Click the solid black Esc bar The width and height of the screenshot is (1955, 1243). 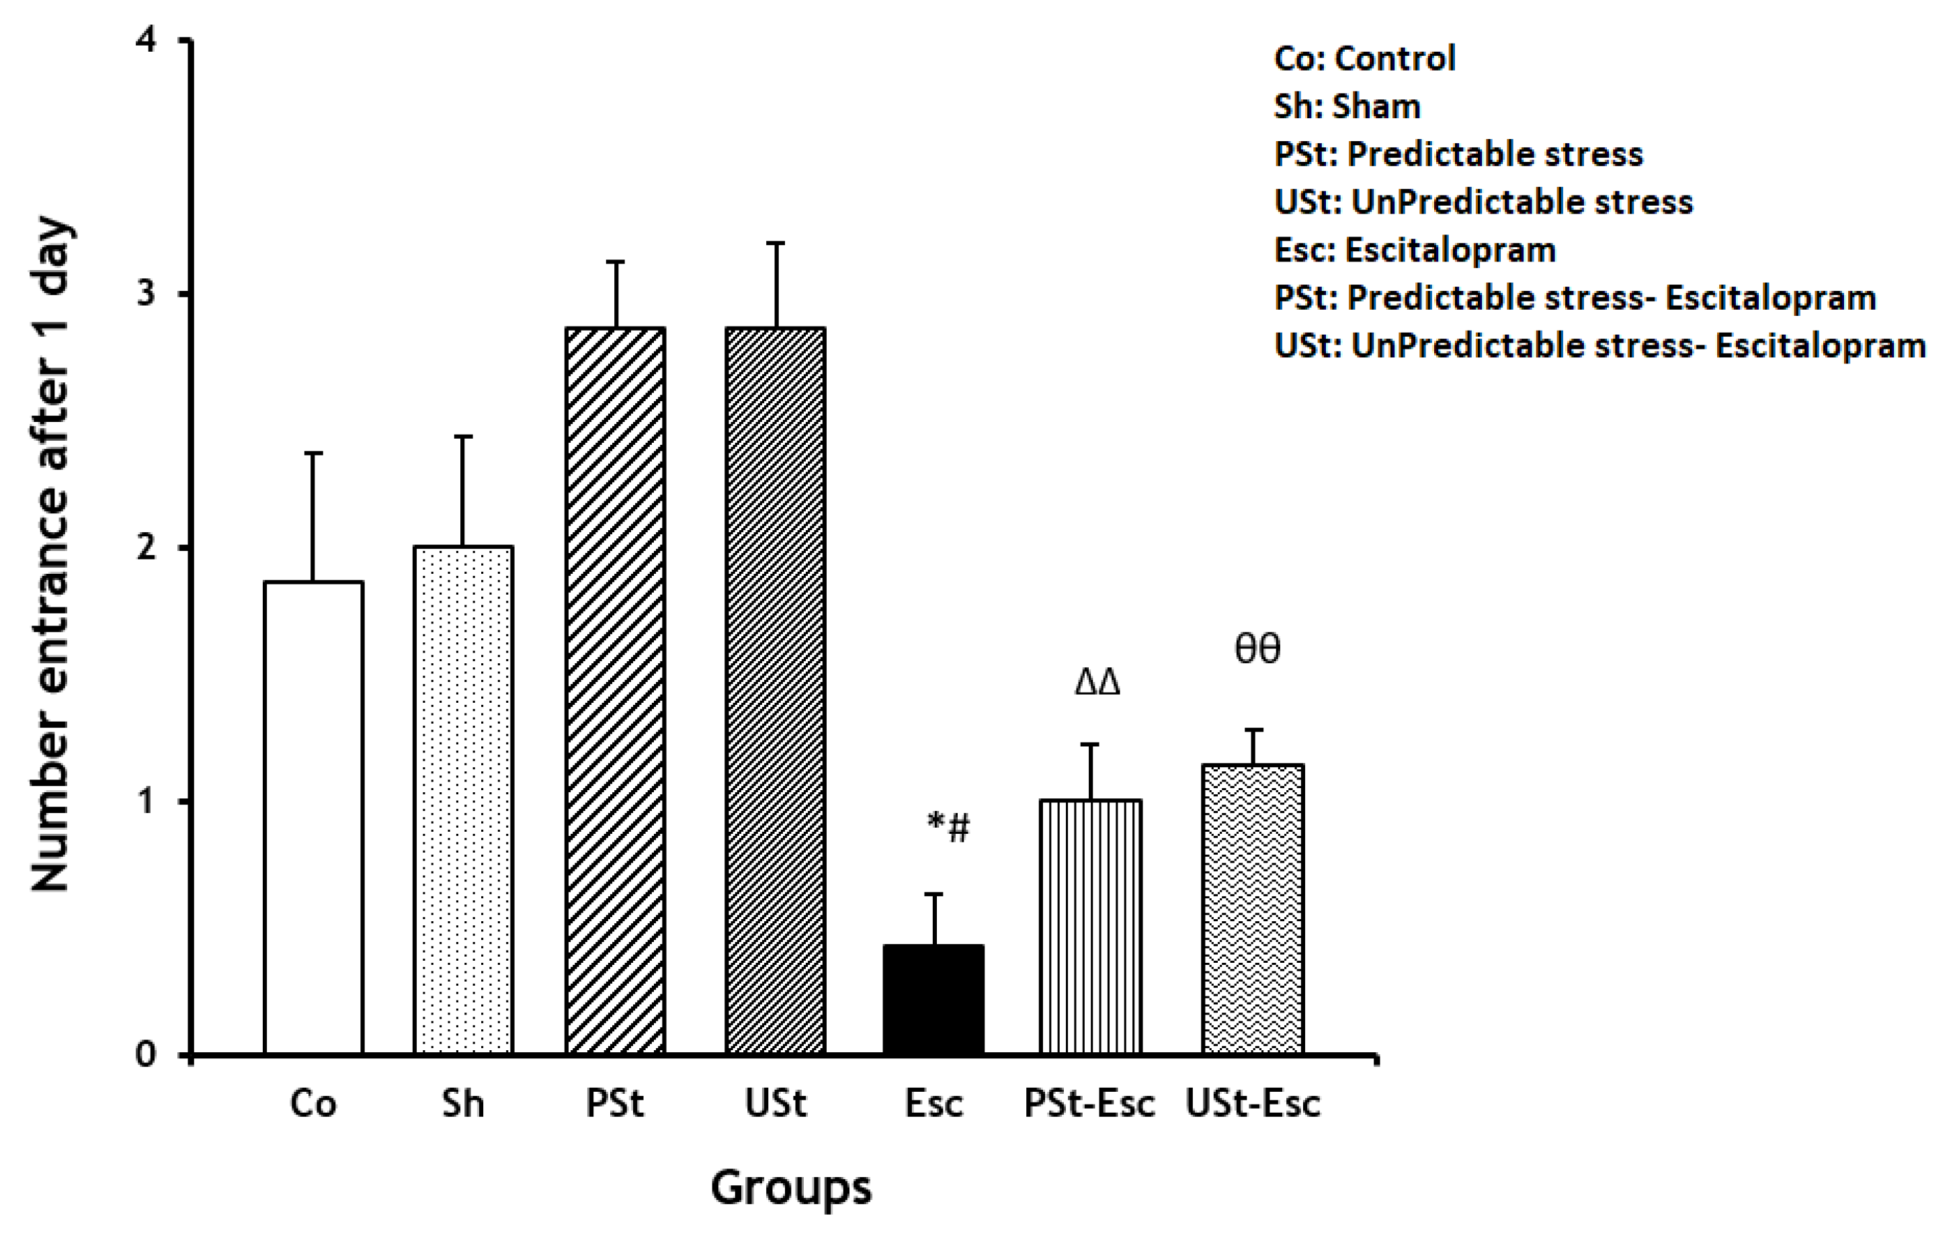(x=933, y=1000)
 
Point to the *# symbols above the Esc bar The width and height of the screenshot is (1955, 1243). (x=948, y=827)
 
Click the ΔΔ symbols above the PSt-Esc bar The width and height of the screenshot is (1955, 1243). (x=1097, y=682)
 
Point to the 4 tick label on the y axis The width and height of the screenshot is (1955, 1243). (x=146, y=40)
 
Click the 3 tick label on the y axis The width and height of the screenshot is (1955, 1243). (x=146, y=294)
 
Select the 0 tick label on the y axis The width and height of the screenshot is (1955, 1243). (x=146, y=1055)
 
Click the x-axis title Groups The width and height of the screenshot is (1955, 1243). (x=791, y=1188)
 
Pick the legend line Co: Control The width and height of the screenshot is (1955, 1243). (x=1365, y=58)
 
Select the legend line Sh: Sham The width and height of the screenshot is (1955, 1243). (x=1347, y=106)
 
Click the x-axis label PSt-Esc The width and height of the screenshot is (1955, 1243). (x=1089, y=1103)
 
